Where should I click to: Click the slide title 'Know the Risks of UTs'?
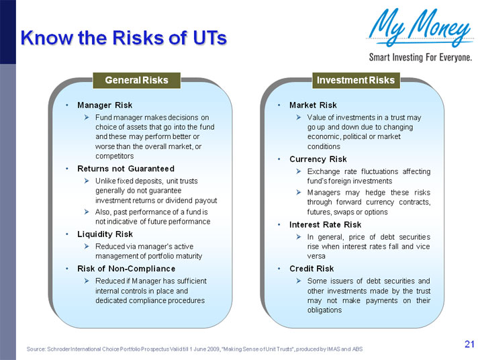(123, 38)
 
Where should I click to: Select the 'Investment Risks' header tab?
(355, 81)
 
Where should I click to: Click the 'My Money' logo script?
(419, 28)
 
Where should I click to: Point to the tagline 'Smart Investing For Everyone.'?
(420, 57)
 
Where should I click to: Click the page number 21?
(469, 345)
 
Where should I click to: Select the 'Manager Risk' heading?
(105, 105)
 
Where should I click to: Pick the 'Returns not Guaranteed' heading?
(126, 168)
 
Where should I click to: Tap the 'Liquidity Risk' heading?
(105, 234)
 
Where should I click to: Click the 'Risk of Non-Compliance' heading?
(126, 269)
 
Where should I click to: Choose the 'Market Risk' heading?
(313, 105)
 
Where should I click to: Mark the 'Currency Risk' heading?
(318, 159)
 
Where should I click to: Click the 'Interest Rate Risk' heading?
(325, 224)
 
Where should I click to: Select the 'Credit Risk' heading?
(311, 269)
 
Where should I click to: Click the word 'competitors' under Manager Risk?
(114, 156)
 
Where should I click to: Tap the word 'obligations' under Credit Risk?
(325, 310)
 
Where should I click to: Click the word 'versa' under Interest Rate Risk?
(316, 256)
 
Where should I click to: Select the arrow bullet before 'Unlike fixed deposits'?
(87, 181)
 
